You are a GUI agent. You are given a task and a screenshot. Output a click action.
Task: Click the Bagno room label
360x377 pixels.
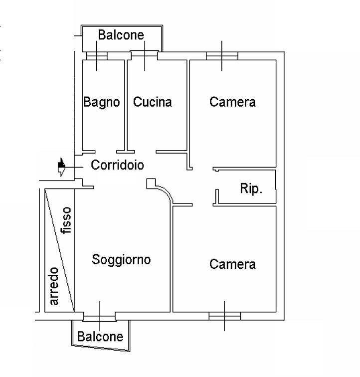click(x=101, y=102)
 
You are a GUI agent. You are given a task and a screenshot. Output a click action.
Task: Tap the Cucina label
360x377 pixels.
click(x=152, y=102)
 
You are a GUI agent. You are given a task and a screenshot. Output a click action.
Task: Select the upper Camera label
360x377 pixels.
click(x=232, y=102)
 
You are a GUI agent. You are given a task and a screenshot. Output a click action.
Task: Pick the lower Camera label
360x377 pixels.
click(x=232, y=264)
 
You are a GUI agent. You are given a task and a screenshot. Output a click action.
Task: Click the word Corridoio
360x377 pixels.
click(x=117, y=165)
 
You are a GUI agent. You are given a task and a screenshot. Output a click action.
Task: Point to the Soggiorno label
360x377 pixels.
click(x=121, y=259)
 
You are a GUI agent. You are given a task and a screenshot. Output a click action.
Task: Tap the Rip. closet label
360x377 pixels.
click(x=251, y=189)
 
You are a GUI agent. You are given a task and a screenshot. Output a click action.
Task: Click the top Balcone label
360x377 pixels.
click(x=121, y=35)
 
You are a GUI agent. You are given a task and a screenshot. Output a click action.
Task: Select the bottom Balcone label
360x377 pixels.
click(x=100, y=337)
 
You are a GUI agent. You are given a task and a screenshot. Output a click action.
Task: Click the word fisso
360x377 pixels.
click(x=67, y=220)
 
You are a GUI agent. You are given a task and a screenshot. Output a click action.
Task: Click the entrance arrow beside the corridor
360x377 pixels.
click(x=61, y=167)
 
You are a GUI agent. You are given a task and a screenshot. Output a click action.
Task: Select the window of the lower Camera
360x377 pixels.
click(x=224, y=316)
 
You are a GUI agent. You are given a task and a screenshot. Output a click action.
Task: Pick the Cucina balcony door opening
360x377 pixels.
click(x=145, y=53)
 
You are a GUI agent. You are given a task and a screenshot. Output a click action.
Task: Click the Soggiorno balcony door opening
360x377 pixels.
click(x=99, y=316)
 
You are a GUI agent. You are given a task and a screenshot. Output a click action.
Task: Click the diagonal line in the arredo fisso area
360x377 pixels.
click(x=60, y=249)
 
